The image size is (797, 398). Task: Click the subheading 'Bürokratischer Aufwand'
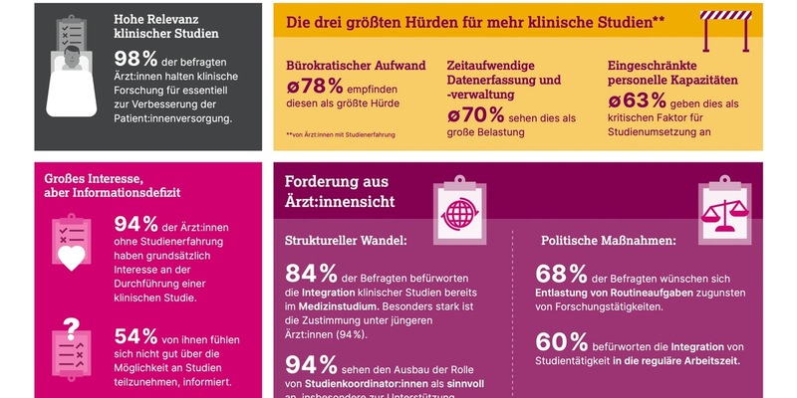pos(356,66)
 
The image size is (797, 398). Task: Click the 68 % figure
pos(562,275)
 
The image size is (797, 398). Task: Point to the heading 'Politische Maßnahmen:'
pos(609,241)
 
